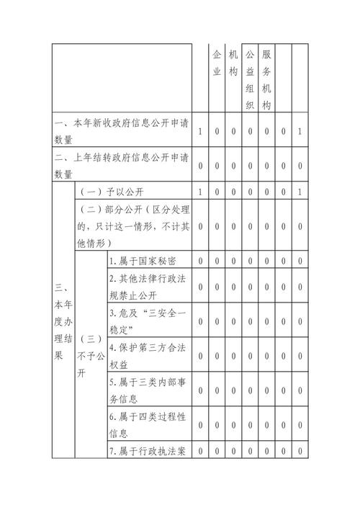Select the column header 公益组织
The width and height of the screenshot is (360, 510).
coord(250,79)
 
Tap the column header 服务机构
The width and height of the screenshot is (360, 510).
coord(266,79)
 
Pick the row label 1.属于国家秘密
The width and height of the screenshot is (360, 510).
coord(141,260)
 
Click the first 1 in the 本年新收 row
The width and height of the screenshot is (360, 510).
coord(200,131)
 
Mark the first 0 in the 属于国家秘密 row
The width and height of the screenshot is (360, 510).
coord(200,260)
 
